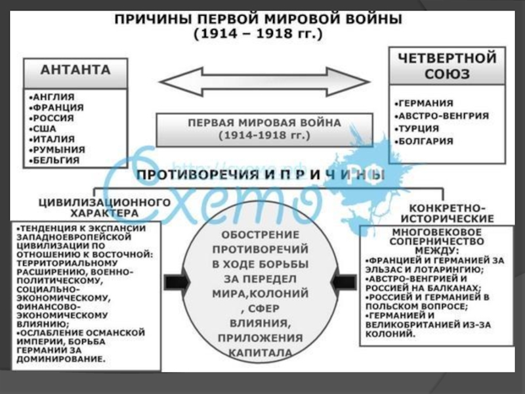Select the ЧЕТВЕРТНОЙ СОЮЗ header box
click(444, 66)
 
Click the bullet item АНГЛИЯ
click(53, 97)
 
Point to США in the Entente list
click(44, 128)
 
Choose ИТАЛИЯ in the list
click(52, 139)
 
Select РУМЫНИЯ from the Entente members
click(56, 149)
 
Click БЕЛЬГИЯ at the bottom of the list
click(55, 160)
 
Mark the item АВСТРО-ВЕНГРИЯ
click(444, 116)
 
